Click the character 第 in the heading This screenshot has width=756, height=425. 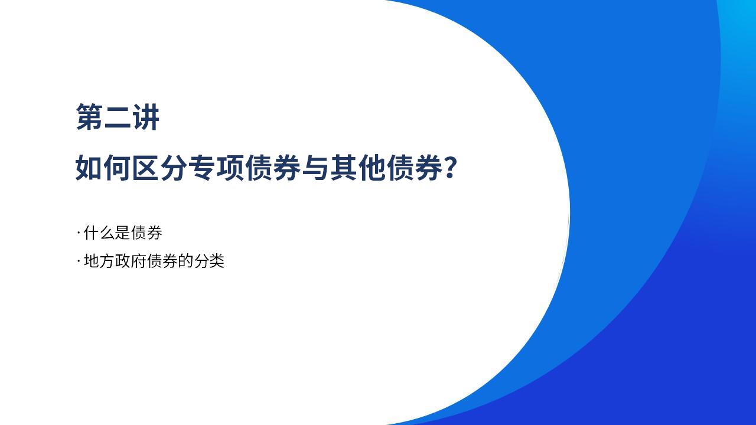89,117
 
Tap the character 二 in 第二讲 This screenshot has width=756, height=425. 118,117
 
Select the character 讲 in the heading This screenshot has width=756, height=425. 146,117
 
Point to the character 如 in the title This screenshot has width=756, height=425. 89,168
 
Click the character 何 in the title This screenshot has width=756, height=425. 118,168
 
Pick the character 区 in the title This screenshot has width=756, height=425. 146,168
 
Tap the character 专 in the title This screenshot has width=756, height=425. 202,168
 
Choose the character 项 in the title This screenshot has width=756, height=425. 230,168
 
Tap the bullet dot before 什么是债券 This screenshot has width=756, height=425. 79,233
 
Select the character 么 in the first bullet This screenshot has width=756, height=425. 107,233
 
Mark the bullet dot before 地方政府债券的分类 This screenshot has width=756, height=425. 79,261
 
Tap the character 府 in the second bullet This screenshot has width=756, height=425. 139,261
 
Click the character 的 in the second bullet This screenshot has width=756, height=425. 185,261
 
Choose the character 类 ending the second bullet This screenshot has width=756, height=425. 217,261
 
